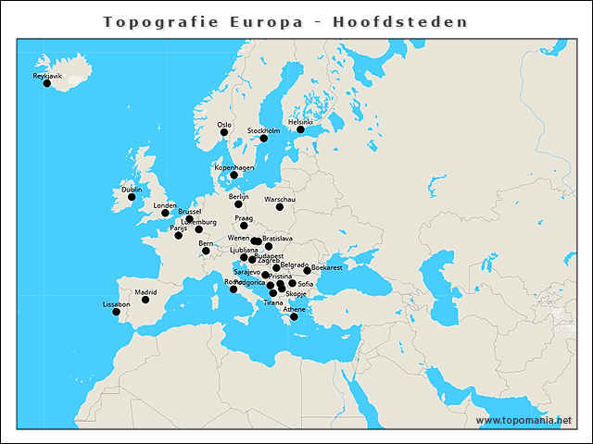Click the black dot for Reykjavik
point(47,84)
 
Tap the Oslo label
point(224,124)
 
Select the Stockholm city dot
point(263,139)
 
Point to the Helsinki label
point(300,121)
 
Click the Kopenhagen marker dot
point(233,175)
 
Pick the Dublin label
point(132,189)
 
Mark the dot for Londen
point(165,214)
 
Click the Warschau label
point(280,199)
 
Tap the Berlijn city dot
point(238,204)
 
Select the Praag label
point(244,217)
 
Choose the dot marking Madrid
point(145,300)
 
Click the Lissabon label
point(116,303)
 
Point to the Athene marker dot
point(294,317)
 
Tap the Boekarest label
point(327,267)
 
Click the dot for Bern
point(206,251)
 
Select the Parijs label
point(178,228)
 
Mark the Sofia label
point(306,283)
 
